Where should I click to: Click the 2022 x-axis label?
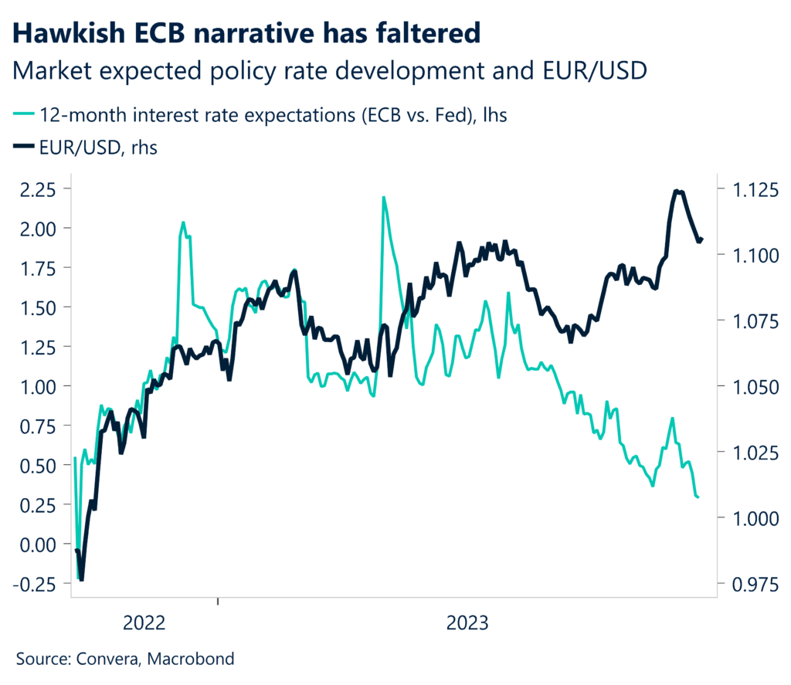(x=144, y=622)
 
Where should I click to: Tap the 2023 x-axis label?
(x=467, y=622)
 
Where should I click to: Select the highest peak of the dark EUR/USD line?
(x=677, y=191)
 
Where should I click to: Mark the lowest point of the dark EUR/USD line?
(x=82, y=579)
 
